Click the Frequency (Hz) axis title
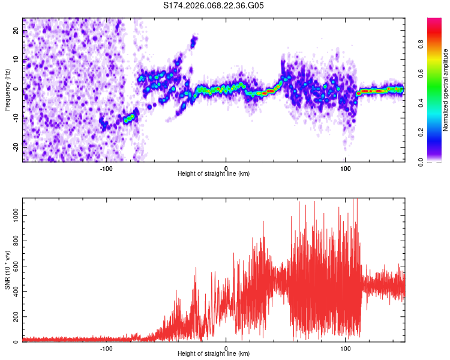[x=7, y=90]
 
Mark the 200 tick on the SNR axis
[x=14, y=316]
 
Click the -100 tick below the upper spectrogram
[x=106, y=167]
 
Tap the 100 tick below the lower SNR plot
[x=346, y=348]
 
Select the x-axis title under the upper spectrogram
[x=214, y=174]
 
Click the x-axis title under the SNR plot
[x=214, y=355]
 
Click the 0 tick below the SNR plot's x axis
[x=226, y=348]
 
